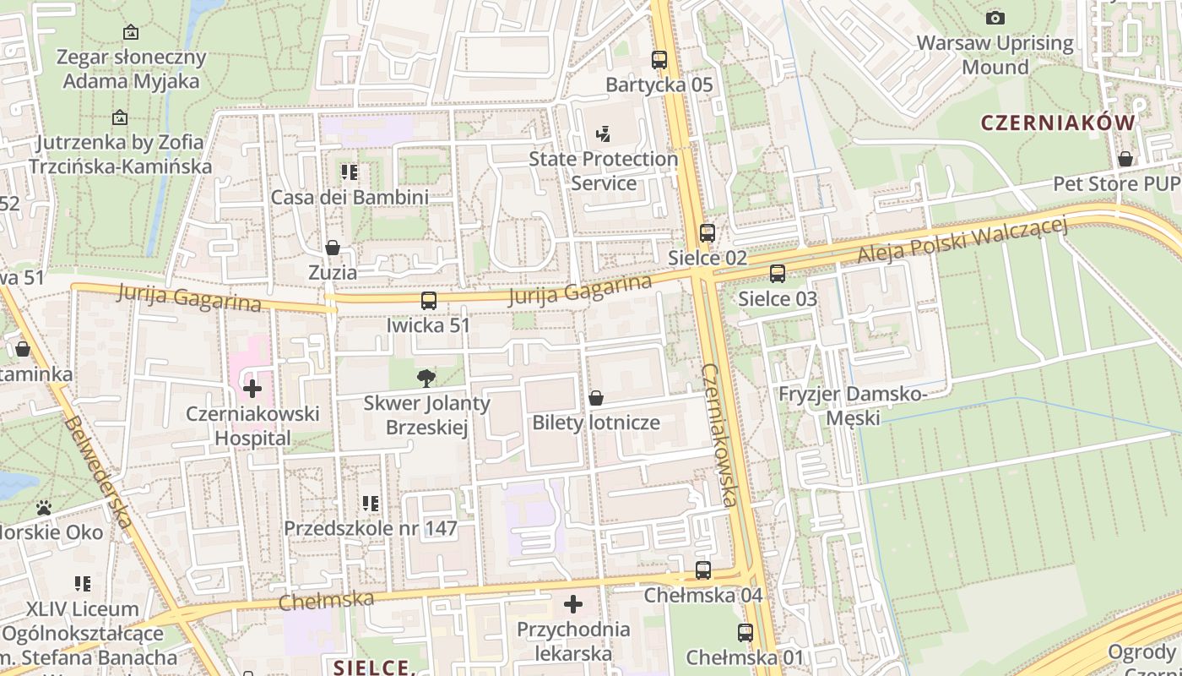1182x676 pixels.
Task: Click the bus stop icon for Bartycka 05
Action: coord(659,60)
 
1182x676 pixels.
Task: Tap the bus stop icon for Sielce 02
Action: coord(708,233)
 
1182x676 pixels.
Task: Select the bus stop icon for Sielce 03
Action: coord(778,274)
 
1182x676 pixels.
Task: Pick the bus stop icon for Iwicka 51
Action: coord(429,301)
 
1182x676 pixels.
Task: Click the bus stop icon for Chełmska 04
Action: coord(703,570)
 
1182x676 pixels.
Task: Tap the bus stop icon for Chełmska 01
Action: coord(746,633)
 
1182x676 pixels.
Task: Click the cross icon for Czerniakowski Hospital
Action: coord(252,389)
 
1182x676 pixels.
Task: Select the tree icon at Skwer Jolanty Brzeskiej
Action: coord(426,378)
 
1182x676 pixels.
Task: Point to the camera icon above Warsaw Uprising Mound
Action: coord(995,18)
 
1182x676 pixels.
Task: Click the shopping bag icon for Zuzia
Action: coord(333,248)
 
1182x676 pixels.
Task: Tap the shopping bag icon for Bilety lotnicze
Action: coord(596,397)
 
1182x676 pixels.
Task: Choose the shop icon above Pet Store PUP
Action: coord(1125,159)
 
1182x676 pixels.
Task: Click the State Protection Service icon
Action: coord(603,134)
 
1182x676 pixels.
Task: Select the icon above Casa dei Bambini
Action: coord(350,172)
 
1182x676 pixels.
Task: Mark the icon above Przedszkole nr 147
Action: coord(370,504)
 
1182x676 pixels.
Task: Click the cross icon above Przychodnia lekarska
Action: coord(573,604)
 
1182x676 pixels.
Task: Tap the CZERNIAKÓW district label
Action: coord(1058,123)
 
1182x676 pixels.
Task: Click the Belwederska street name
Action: coord(98,472)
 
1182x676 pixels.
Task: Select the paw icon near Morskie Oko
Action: coord(44,508)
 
